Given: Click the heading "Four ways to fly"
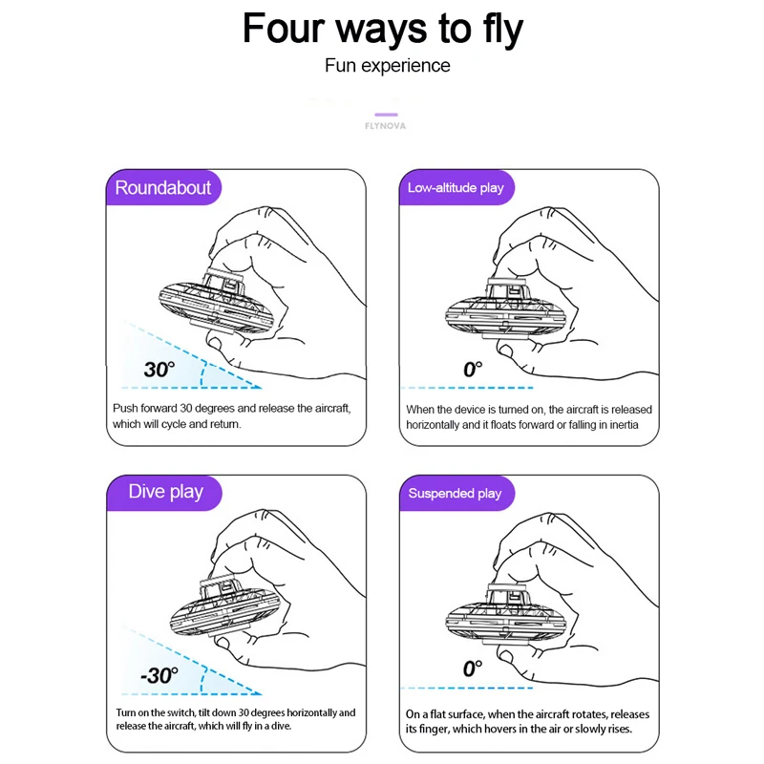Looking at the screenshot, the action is (x=383, y=30).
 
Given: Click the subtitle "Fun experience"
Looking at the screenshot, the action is (x=388, y=65).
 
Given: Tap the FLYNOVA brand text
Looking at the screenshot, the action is (x=386, y=126).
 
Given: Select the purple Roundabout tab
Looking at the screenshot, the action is (x=163, y=187).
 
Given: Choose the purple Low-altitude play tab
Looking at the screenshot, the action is (x=456, y=187).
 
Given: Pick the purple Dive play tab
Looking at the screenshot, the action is (x=164, y=493).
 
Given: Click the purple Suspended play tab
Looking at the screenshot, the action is (x=456, y=493).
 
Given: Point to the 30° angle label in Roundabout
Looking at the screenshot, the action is (x=159, y=370).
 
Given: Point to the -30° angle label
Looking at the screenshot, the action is (x=159, y=675).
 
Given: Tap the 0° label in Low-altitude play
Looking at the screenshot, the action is (x=473, y=370).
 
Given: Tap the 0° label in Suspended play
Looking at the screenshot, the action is (x=473, y=668).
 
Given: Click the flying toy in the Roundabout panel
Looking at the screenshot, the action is (x=213, y=301).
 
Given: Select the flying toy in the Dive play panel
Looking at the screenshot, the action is (x=224, y=609).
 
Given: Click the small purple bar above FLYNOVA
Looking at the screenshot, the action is (x=386, y=115).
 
